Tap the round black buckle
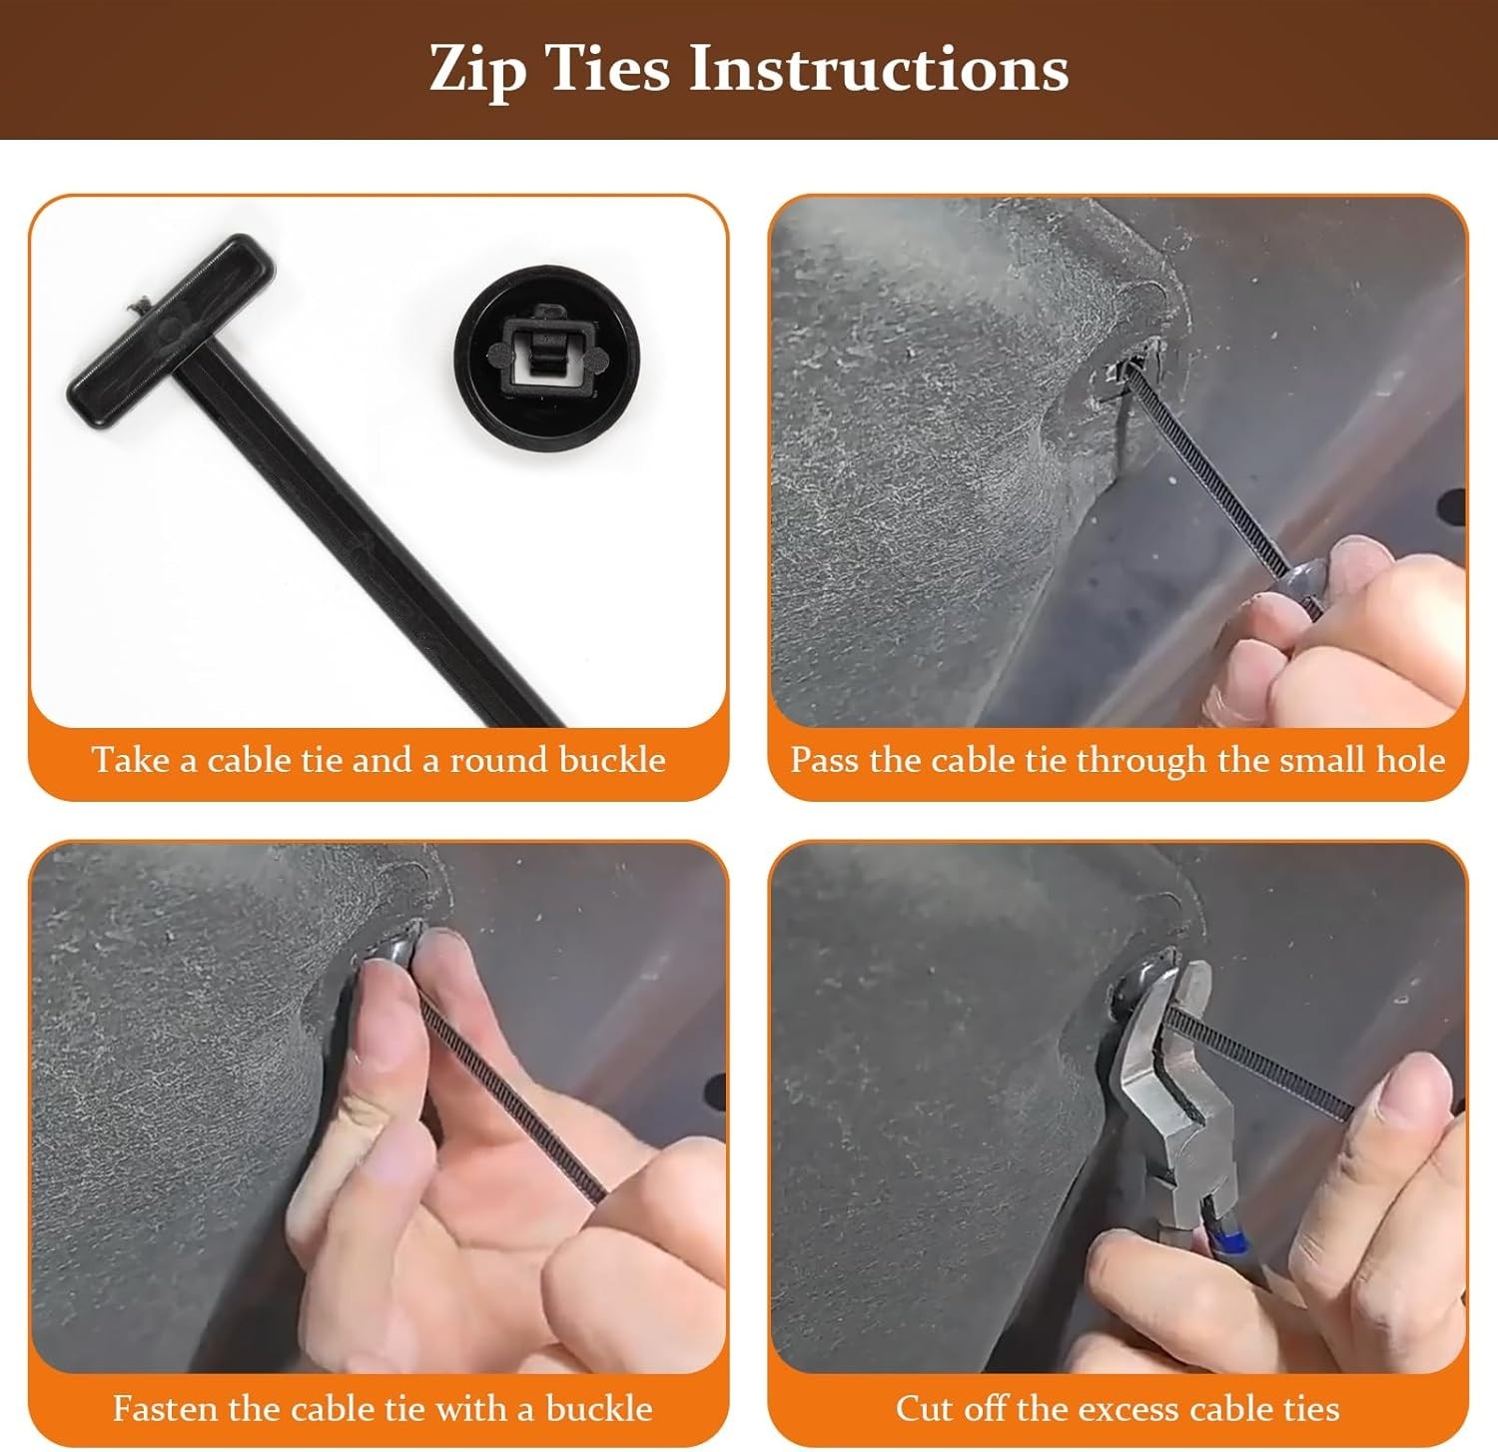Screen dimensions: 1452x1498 [546, 353]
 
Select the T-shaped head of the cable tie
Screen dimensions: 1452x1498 [172, 319]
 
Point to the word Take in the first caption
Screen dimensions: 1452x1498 [132, 760]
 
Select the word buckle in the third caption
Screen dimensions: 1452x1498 [599, 1408]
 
